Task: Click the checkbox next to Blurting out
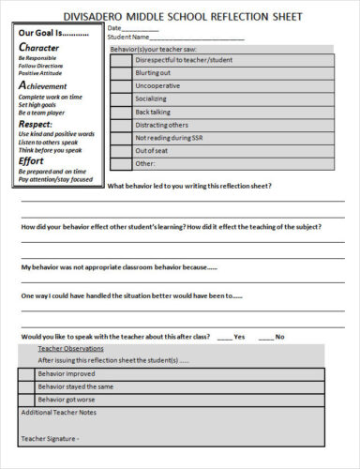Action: pyautogui.click(x=120, y=72)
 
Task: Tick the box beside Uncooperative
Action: pyautogui.click(x=120, y=85)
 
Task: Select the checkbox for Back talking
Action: pyautogui.click(x=120, y=112)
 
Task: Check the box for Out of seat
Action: pyautogui.click(x=120, y=150)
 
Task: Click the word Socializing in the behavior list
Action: pyautogui.click(x=151, y=98)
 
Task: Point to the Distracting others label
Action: pyautogui.click(x=161, y=125)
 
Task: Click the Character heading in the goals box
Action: pyautogui.click(x=43, y=46)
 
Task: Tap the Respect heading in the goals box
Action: pyautogui.click(x=36, y=122)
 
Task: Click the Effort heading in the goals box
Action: pyautogui.click(x=32, y=160)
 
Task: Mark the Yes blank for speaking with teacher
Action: pyautogui.click(x=224, y=337)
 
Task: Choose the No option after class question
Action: pyautogui.click(x=266, y=337)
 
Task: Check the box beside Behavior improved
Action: pyautogui.click(x=25, y=372)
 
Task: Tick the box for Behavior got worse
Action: pyautogui.click(x=25, y=399)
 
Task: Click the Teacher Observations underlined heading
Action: pyautogui.click(x=71, y=349)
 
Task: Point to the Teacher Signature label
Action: pyautogui.click(x=50, y=438)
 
